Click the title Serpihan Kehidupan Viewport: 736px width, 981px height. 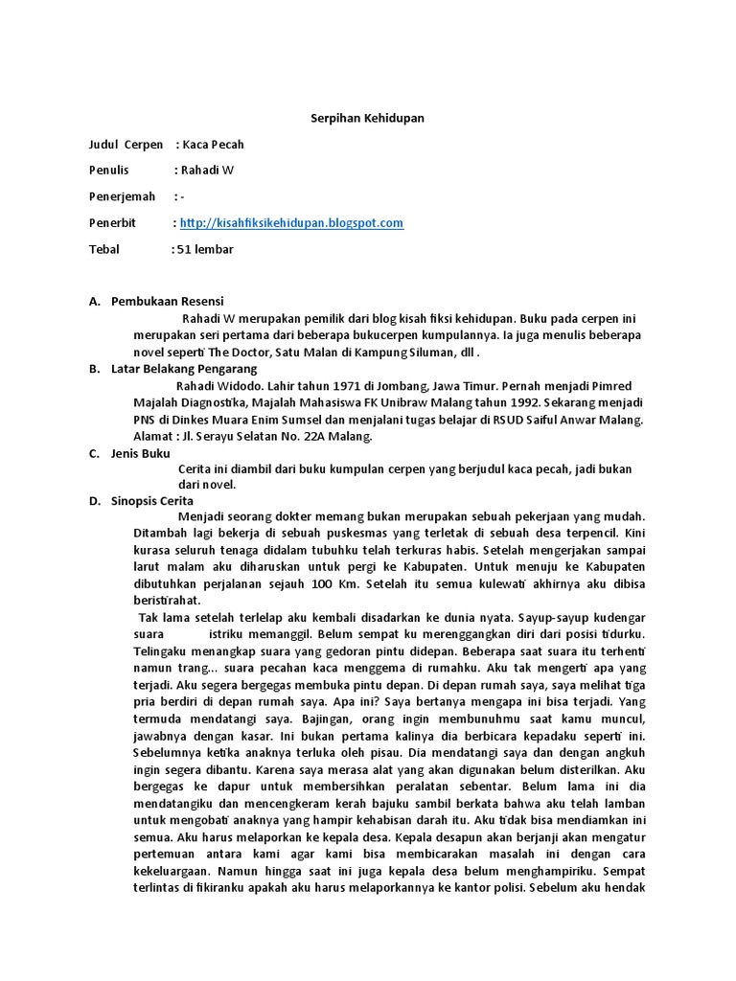coord(368,119)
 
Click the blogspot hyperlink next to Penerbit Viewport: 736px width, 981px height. coord(291,223)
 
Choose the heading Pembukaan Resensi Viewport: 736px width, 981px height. coord(168,302)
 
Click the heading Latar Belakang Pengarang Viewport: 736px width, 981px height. coord(184,369)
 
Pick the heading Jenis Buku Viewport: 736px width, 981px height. coord(140,453)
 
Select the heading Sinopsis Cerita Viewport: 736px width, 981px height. coord(152,501)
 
